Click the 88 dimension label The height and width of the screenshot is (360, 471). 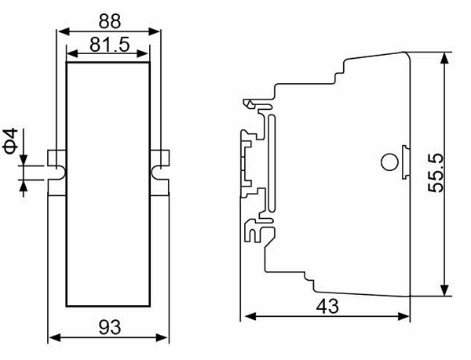[110, 21]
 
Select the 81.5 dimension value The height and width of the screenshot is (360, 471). [110, 45]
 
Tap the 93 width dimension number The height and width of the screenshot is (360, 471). [110, 327]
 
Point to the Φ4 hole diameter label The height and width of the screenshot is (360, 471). [11, 141]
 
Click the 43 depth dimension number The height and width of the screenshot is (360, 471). [327, 307]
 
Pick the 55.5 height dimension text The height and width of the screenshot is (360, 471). [436, 173]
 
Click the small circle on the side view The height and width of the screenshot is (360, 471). [389, 162]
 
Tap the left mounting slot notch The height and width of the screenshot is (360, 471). [60, 173]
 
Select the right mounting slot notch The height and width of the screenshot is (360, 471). [157, 173]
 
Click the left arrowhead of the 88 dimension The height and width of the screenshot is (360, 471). [64, 31]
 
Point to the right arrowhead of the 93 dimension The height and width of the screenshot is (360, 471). [162, 337]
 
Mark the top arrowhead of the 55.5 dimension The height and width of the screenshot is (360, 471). [444, 58]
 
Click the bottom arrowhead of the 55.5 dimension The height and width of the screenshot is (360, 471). [444, 290]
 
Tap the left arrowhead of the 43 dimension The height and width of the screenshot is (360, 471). [250, 316]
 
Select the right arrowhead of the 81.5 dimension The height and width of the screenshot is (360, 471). [142, 53]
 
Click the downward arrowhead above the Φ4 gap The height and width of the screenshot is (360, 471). [24, 159]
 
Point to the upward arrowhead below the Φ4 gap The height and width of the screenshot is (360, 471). [24, 186]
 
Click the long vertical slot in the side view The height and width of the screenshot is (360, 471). [272, 163]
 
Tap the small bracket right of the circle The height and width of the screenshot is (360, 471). [405, 162]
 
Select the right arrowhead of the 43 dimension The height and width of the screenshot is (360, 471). [403, 316]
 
